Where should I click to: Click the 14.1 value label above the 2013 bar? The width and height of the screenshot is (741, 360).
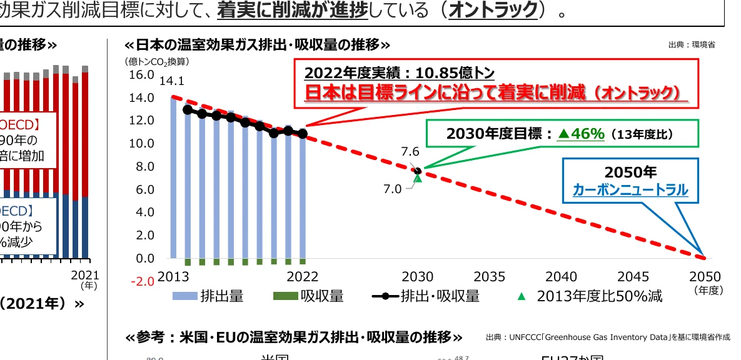pos(172,81)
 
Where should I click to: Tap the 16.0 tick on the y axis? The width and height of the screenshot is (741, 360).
pos(141,75)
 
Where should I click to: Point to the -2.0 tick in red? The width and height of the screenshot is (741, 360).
pos(141,281)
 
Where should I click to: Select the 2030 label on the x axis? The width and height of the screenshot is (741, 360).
pos(418,277)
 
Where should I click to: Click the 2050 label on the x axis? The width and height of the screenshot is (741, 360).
pos(705,277)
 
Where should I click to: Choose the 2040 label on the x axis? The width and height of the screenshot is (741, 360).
pos(561,277)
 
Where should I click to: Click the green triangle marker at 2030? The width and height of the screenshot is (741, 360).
pos(418,178)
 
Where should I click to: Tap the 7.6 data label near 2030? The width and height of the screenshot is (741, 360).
pos(410,152)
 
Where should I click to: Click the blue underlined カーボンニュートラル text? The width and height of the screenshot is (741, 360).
pos(630,190)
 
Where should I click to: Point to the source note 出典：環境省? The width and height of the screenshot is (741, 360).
pos(692,45)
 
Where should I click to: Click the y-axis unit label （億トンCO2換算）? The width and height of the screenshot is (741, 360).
pos(156,61)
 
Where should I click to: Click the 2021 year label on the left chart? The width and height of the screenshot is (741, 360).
pos(81,275)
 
